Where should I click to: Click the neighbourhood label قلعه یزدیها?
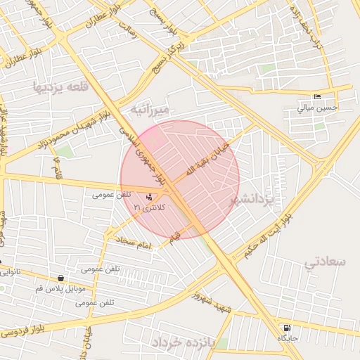60,86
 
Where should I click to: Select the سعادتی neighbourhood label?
326,262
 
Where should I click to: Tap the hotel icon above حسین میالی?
317,96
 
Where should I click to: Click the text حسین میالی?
317,108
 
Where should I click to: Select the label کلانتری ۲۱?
148,208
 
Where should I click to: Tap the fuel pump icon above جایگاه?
286,328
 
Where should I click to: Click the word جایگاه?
287,339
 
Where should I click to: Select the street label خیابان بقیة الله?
207,160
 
